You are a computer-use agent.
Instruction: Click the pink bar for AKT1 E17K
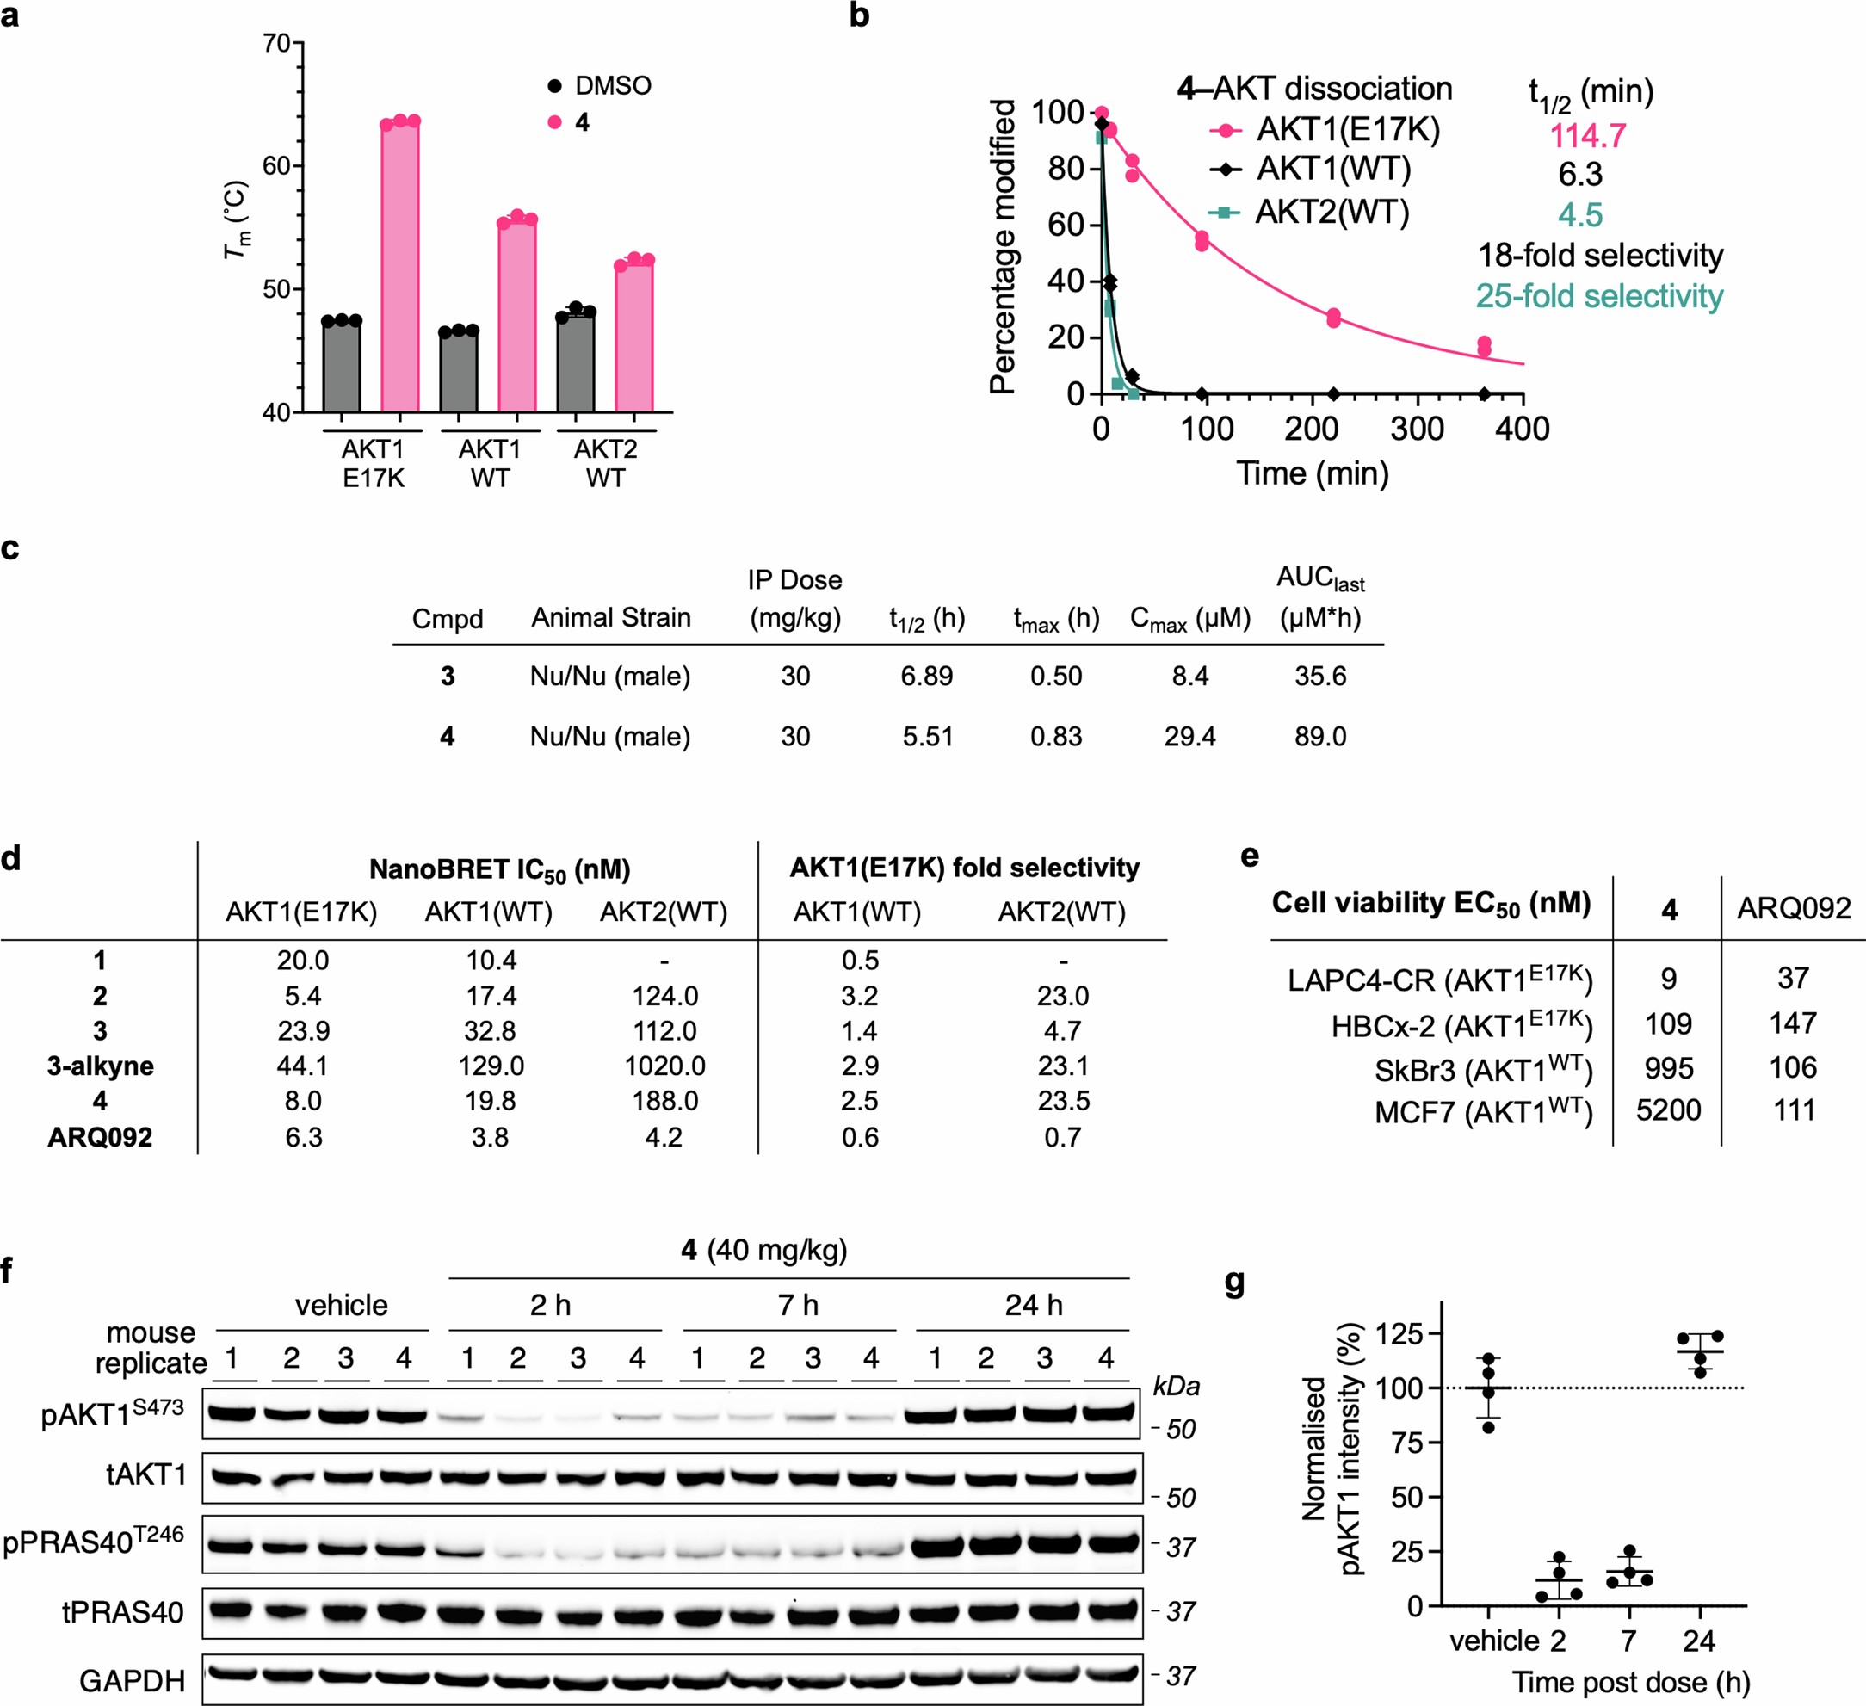coord(400,269)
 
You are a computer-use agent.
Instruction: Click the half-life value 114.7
coord(1587,136)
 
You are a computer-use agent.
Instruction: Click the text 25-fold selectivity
coord(1598,296)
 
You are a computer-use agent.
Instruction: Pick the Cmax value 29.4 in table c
coord(1189,737)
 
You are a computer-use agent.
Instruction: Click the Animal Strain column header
coord(611,617)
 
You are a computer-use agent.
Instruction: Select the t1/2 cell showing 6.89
coord(926,676)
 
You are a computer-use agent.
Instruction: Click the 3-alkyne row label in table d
coord(100,1066)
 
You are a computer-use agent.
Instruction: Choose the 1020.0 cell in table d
coord(664,1066)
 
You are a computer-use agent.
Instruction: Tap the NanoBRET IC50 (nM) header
coord(499,869)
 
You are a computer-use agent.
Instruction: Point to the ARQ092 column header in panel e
coord(1793,908)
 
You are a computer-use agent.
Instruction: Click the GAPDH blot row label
coord(133,1680)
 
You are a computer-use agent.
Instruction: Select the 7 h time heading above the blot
coord(798,1305)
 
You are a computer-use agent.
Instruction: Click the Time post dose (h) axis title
coord(1631,1682)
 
